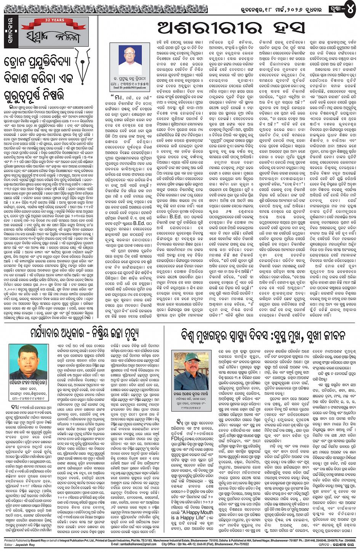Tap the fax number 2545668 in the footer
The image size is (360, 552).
point(348,540)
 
